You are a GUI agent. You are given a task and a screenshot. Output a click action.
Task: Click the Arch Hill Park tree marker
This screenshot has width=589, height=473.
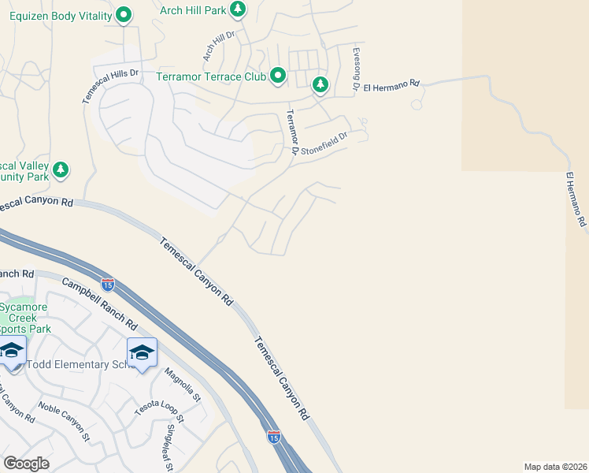[x=239, y=9]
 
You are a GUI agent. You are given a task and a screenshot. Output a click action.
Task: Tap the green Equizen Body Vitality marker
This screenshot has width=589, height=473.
[x=124, y=14]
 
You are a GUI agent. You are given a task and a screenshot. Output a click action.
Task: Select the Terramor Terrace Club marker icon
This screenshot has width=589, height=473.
[x=278, y=76]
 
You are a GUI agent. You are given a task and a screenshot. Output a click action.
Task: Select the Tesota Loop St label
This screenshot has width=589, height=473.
[x=158, y=407]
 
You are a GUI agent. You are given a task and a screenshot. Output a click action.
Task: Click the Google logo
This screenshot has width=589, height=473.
[x=26, y=464]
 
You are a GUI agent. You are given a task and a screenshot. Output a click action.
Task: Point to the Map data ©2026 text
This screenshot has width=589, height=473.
[x=555, y=467]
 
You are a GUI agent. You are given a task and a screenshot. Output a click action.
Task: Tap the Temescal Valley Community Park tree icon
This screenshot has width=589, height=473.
[x=61, y=169]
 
